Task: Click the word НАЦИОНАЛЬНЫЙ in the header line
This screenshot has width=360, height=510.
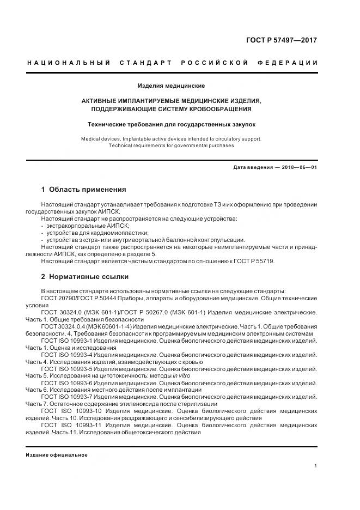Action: pos(69,63)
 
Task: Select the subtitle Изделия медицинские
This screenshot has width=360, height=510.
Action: pos(171,86)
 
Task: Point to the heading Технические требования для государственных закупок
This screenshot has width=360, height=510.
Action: pos(171,125)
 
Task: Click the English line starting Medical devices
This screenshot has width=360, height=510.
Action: pos(171,139)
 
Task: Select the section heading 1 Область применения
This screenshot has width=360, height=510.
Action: pos(83,190)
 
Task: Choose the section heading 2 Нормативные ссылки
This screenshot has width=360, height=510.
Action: pos(84,276)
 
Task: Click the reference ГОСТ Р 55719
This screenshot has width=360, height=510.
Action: pos(255,261)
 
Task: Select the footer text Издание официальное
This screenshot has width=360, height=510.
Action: pos(56,454)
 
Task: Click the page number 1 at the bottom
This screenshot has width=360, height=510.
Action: pos(316,466)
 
